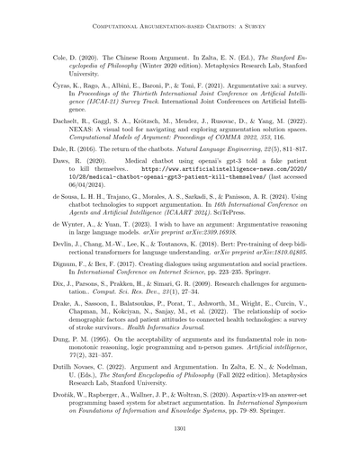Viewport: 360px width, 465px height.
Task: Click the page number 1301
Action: (x=180, y=428)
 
